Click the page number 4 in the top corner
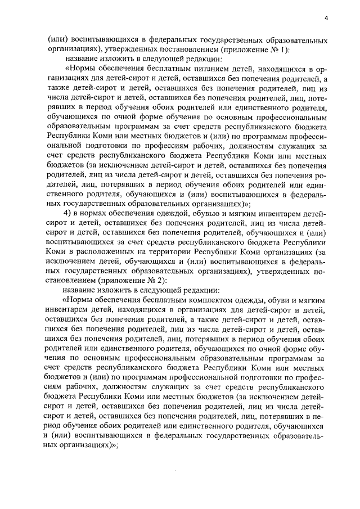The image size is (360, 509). (326, 19)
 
